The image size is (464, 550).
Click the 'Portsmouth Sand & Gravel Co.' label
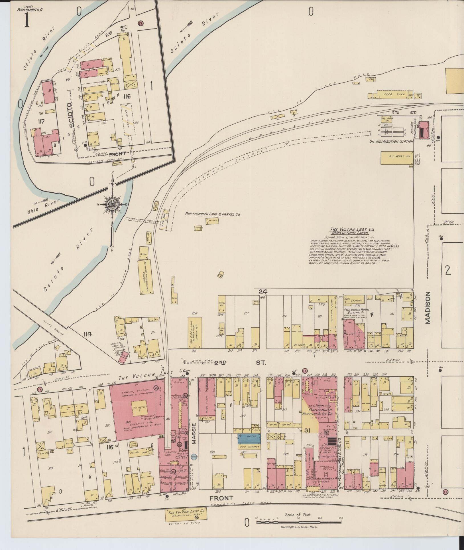[x=212, y=213]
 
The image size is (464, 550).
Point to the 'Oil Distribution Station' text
[x=391, y=142]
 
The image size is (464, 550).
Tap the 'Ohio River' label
[x=48, y=205]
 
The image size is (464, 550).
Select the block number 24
[x=263, y=292]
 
